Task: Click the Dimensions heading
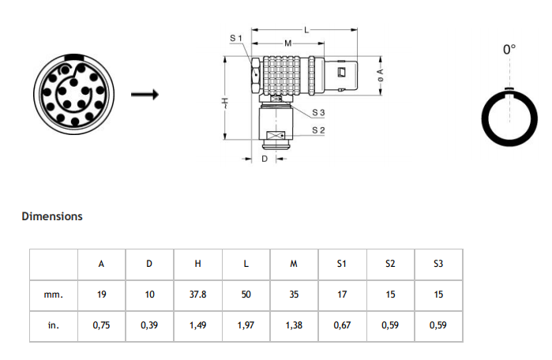(x=52, y=216)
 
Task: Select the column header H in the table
(x=198, y=264)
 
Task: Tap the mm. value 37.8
(x=198, y=294)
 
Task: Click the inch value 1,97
(x=246, y=325)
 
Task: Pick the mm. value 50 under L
(x=246, y=294)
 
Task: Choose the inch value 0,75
(x=101, y=325)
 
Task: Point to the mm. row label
(x=54, y=294)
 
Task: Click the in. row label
(x=54, y=325)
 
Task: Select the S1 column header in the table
(x=342, y=264)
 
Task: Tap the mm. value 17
(x=342, y=294)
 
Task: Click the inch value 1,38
(x=294, y=325)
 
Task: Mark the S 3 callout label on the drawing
(x=318, y=113)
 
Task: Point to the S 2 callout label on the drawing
(x=318, y=130)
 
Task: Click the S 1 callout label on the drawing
(x=236, y=38)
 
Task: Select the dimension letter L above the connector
(x=306, y=30)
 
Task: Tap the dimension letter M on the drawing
(x=288, y=43)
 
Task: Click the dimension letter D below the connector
(x=265, y=159)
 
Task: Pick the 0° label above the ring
(x=509, y=49)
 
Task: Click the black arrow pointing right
(x=145, y=94)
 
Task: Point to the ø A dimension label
(x=381, y=75)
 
